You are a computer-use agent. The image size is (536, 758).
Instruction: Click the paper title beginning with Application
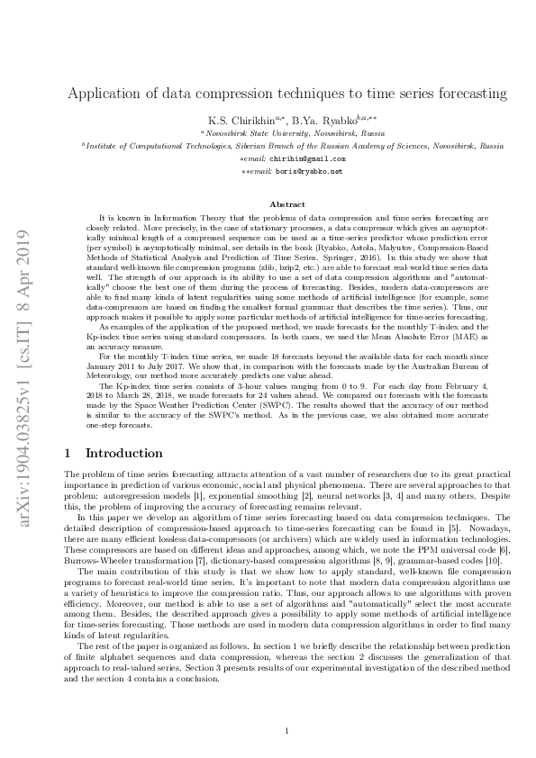(287, 93)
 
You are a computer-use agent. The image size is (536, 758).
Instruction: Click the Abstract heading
(286, 204)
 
